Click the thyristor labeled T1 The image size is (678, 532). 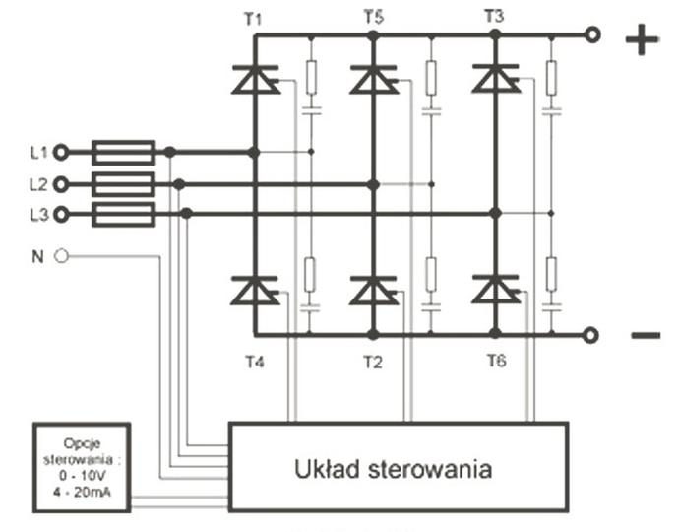255,79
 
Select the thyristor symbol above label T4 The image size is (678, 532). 255,290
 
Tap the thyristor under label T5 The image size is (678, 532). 374,79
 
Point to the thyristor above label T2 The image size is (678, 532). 374,290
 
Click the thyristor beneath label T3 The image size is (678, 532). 496,79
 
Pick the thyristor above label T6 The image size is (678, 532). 496,289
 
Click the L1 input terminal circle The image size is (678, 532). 61,153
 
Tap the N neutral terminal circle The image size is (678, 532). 61,256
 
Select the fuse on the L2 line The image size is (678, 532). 124,184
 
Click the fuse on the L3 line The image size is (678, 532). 124,214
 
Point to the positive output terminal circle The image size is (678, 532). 592,34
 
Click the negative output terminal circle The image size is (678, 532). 590,335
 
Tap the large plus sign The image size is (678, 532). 643,39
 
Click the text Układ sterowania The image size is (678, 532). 393,469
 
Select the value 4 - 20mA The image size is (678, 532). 82,493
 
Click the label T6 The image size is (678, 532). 496,361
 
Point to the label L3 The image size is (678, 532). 38,215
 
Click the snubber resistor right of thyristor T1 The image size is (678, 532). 311,78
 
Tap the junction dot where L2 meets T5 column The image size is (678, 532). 373,185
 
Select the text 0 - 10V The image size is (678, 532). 82,476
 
